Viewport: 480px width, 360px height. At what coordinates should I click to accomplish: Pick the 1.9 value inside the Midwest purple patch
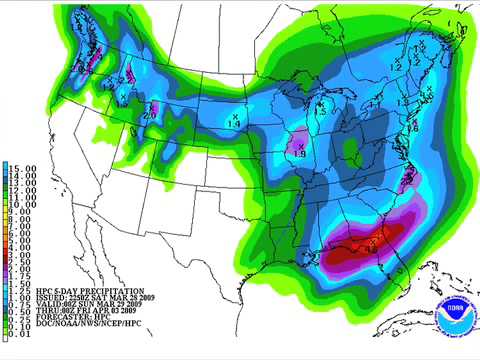click(299, 151)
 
